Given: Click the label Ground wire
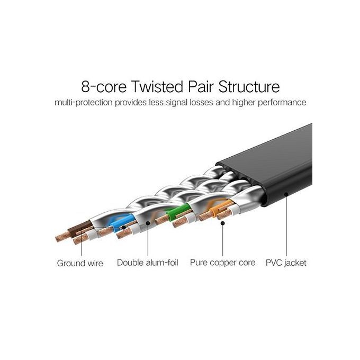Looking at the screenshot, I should pyautogui.click(x=80, y=263).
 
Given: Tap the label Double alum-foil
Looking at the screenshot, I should pyautogui.click(x=148, y=263).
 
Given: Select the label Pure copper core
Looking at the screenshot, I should pyautogui.click(x=222, y=263).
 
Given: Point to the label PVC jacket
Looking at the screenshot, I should pyautogui.click(x=286, y=263).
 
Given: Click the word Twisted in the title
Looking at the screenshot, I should pyautogui.click(x=159, y=86).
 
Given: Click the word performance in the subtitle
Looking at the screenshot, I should pyautogui.click(x=281, y=102).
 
